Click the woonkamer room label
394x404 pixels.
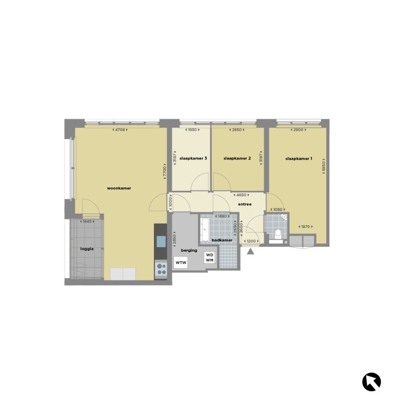(x=119, y=188)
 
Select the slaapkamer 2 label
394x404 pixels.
(x=237, y=158)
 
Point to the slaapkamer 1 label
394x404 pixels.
(x=299, y=158)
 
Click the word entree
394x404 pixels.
(x=245, y=204)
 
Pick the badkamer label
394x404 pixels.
(x=223, y=240)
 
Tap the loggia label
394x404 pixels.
(x=87, y=249)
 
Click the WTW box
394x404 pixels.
(x=181, y=262)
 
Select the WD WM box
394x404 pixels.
(x=210, y=257)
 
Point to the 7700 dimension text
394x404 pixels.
(x=165, y=172)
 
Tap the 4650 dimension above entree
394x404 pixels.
(x=240, y=195)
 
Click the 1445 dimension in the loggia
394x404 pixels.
(x=87, y=221)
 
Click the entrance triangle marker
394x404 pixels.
(x=250, y=251)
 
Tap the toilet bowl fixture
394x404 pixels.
(x=277, y=235)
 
